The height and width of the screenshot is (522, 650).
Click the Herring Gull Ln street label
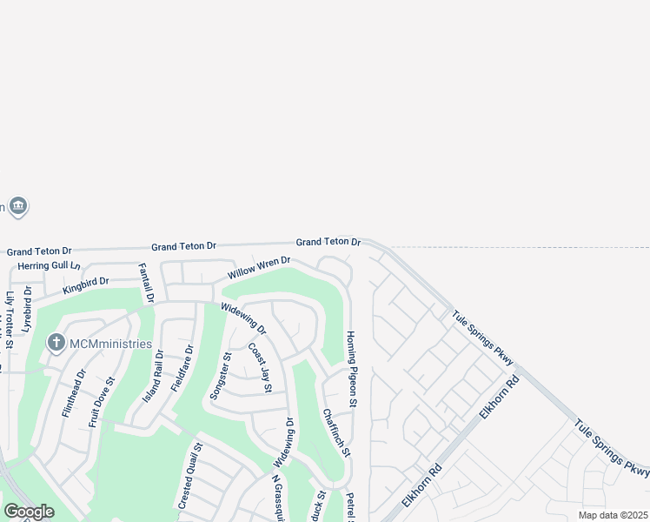pyautogui.click(x=49, y=265)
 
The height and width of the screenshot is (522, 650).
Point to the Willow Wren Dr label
pyautogui.click(x=259, y=267)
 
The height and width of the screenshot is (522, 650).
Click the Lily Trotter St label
pyautogui.click(x=10, y=320)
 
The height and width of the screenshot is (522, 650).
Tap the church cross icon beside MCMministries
pyautogui.click(x=56, y=343)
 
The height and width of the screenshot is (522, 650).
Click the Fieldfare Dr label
pyautogui.click(x=182, y=368)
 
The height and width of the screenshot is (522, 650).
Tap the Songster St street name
pyautogui.click(x=218, y=375)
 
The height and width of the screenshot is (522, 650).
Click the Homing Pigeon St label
pyautogui.click(x=352, y=369)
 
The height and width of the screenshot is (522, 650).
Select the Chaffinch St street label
pyautogui.click(x=335, y=432)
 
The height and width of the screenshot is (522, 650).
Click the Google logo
pyautogui.click(x=29, y=512)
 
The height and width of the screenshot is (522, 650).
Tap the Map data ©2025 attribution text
pyautogui.click(x=613, y=515)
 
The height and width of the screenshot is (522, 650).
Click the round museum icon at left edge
pyautogui.click(x=18, y=206)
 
